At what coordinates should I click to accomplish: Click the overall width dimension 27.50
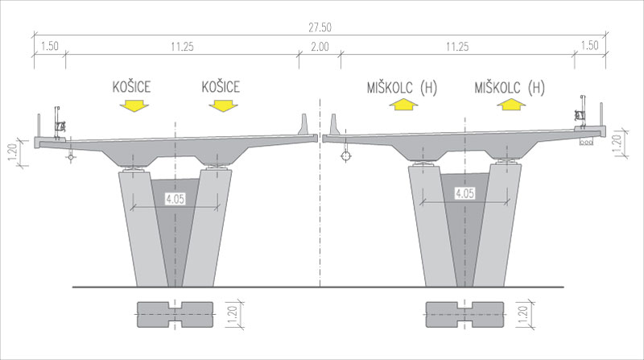click(320, 27)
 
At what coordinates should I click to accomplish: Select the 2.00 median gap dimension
click(320, 47)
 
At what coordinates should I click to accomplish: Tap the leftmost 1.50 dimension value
click(50, 46)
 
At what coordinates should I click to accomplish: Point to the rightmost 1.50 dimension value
click(590, 45)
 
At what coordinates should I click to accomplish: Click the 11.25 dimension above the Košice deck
click(183, 47)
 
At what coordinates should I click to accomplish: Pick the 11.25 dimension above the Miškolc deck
click(457, 47)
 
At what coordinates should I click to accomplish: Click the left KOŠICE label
click(131, 87)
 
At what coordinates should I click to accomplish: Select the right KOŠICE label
click(221, 87)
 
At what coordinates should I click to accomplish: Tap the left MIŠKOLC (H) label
click(402, 88)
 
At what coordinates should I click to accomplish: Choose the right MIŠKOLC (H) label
click(510, 88)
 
